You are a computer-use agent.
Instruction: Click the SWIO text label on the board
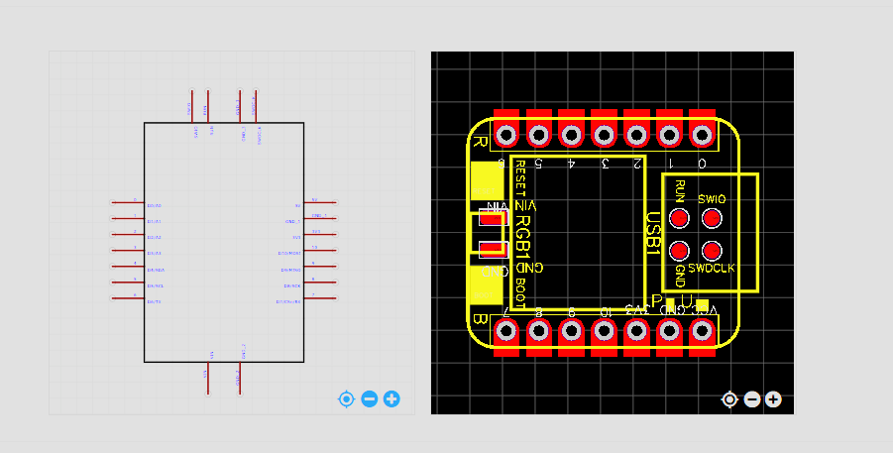(712, 199)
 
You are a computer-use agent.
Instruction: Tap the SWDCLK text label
(712, 269)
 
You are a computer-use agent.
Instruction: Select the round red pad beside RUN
(680, 218)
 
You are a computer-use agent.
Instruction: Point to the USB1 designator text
(653, 235)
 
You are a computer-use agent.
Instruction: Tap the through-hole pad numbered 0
(702, 134)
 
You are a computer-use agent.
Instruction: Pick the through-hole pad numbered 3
(604, 134)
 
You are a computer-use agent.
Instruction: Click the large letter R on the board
(480, 142)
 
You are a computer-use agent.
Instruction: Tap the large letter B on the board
(480, 320)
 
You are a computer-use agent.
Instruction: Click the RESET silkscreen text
(520, 177)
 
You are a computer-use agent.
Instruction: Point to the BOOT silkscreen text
(520, 292)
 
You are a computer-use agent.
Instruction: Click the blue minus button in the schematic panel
(370, 399)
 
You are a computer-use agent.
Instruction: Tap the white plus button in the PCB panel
(773, 399)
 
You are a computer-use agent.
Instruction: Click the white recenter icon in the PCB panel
(729, 399)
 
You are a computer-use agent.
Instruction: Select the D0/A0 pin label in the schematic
(155, 205)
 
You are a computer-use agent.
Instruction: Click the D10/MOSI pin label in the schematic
(289, 254)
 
